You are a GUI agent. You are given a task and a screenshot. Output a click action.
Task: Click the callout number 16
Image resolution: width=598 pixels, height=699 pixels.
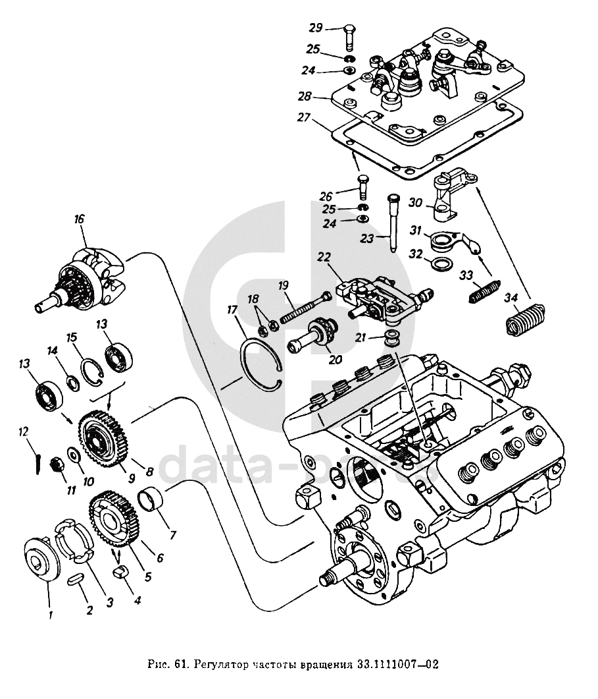79,219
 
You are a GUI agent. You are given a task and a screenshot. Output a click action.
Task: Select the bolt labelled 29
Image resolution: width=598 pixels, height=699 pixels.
349,38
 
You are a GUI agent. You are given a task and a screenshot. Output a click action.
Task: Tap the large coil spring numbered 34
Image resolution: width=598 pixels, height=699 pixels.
525,320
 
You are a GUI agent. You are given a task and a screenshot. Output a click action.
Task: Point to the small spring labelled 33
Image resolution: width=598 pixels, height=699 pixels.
485,292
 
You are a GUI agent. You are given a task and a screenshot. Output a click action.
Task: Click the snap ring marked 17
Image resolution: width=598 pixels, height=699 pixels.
262,364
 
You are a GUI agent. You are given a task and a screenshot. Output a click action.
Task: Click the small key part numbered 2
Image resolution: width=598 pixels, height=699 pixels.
75,580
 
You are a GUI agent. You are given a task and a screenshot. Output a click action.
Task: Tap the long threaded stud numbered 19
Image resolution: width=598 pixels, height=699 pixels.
305,307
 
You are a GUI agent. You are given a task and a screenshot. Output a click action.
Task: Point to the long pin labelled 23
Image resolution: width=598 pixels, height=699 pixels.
392,223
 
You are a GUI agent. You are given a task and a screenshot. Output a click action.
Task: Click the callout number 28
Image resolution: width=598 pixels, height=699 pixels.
305,97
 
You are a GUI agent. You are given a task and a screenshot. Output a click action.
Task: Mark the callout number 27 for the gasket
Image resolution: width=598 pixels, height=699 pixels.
304,118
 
